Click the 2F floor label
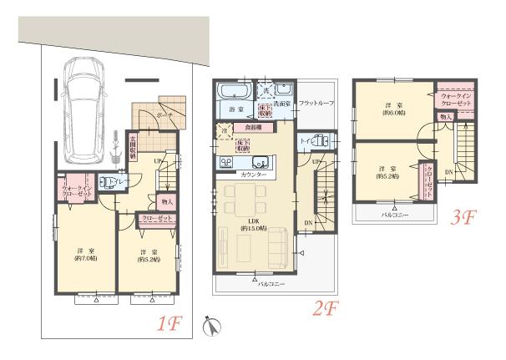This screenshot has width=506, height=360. [325, 308]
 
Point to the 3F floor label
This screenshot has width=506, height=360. [463, 219]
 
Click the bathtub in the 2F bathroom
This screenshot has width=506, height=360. [229, 91]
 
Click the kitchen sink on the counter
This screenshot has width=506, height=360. [258, 162]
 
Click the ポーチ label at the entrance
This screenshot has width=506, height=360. [164, 115]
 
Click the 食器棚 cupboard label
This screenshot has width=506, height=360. [252, 127]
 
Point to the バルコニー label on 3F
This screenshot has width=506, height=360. [386, 214]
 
